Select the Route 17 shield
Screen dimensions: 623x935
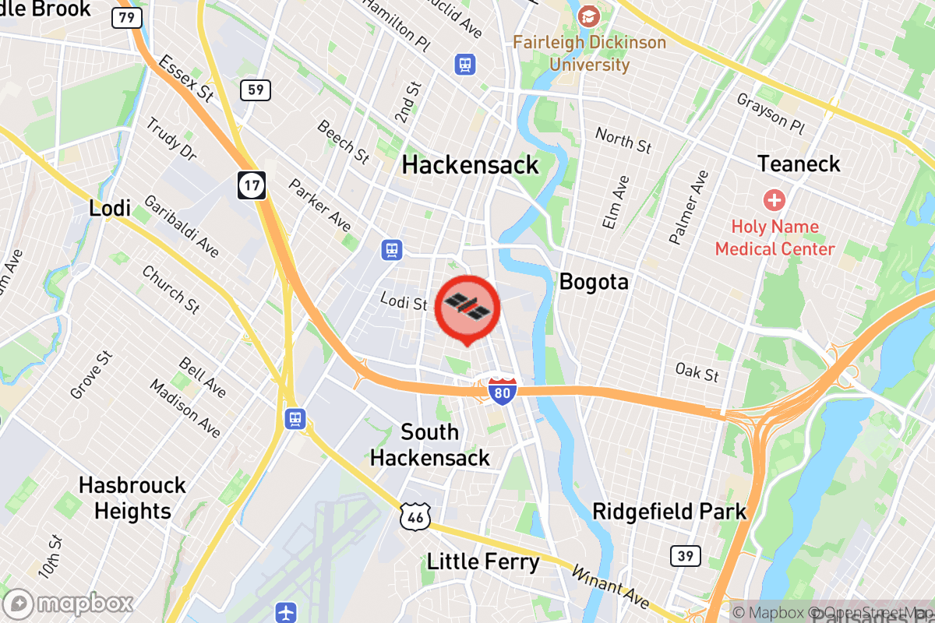pyautogui.click(x=252, y=185)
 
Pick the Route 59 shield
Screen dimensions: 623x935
pyautogui.click(x=256, y=90)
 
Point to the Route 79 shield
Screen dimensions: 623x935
pyautogui.click(x=126, y=17)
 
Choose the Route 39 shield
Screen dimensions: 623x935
pyautogui.click(x=685, y=555)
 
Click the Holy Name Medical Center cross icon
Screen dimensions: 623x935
pyautogui.click(x=774, y=200)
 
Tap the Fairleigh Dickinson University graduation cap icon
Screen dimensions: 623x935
pyautogui.click(x=589, y=15)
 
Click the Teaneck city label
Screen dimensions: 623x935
pyautogui.click(x=799, y=164)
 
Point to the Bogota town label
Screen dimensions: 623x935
pyautogui.click(x=594, y=281)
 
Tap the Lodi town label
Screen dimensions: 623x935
pyautogui.click(x=110, y=208)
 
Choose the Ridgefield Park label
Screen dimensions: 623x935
pyautogui.click(x=669, y=512)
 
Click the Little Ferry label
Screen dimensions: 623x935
pyautogui.click(x=483, y=561)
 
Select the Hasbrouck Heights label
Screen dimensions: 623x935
pyautogui.click(x=132, y=498)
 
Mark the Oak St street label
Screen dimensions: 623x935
pyautogui.click(x=697, y=372)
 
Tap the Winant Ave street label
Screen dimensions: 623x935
pyautogui.click(x=610, y=587)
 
